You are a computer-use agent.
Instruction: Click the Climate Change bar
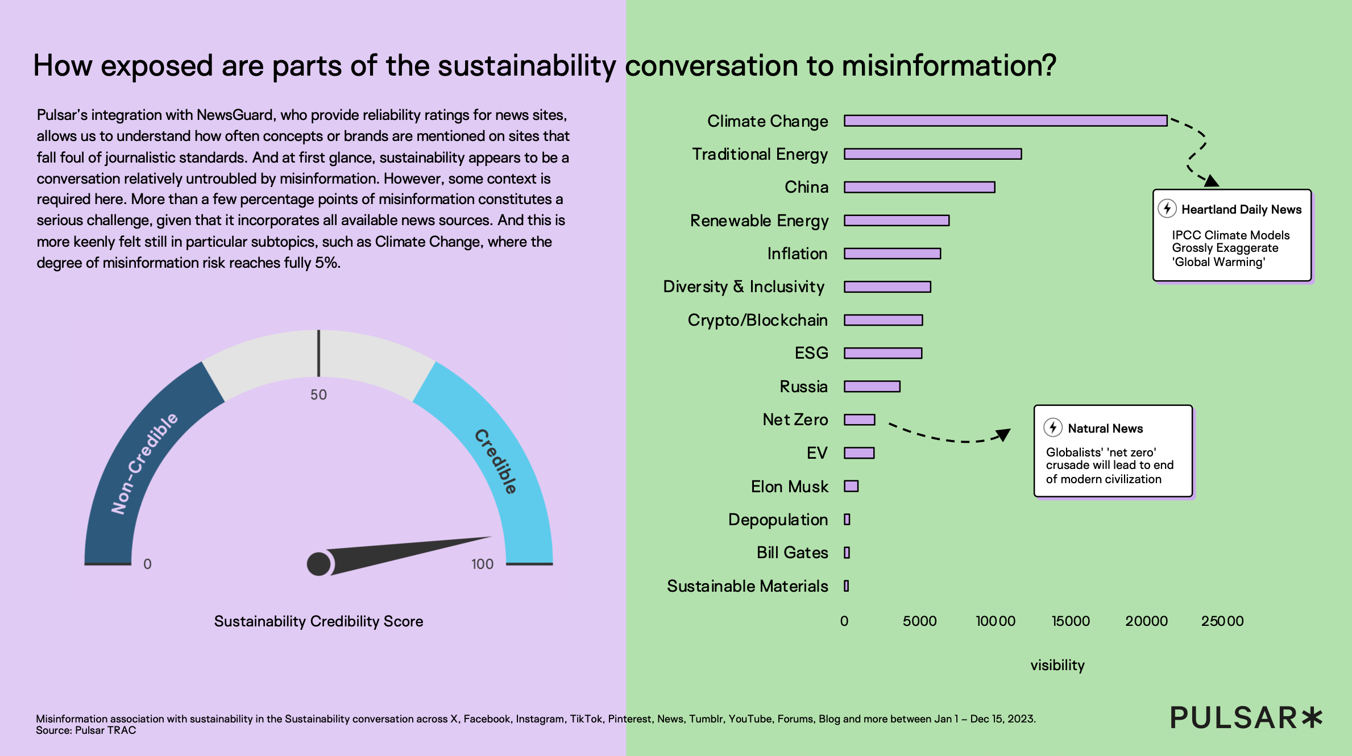pyautogui.click(x=1005, y=121)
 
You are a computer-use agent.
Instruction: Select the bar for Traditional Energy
pyautogui.click(x=932, y=154)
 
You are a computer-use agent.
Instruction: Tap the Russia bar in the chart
pyautogui.click(x=872, y=387)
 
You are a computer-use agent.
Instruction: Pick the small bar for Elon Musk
pyautogui.click(x=851, y=486)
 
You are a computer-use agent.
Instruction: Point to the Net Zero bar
pyautogui.click(x=860, y=419)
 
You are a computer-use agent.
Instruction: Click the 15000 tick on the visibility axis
pyautogui.click(x=1071, y=621)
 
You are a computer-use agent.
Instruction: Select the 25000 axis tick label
pyautogui.click(x=1222, y=621)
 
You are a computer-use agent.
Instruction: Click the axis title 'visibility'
pyautogui.click(x=1057, y=665)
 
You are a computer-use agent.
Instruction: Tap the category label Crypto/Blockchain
pyautogui.click(x=757, y=320)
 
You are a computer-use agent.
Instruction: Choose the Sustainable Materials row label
pyautogui.click(x=747, y=586)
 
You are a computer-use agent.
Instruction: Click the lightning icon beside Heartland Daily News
pyautogui.click(x=1167, y=209)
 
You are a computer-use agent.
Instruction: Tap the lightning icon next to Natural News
pyautogui.click(x=1053, y=427)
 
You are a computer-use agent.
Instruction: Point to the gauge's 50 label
pyautogui.click(x=318, y=394)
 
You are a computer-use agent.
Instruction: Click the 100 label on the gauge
pyautogui.click(x=482, y=564)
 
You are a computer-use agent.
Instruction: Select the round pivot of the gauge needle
pyautogui.click(x=318, y=564)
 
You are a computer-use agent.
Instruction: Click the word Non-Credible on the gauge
pyautogui.click(x=144, y=463)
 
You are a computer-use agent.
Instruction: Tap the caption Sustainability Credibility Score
pyautogui.click(x=318, y=621)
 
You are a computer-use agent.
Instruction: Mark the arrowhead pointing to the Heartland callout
pyautogui.click(x=1212, y=181)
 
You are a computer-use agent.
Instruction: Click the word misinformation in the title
pyautogui.click(x=949, y=65)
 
